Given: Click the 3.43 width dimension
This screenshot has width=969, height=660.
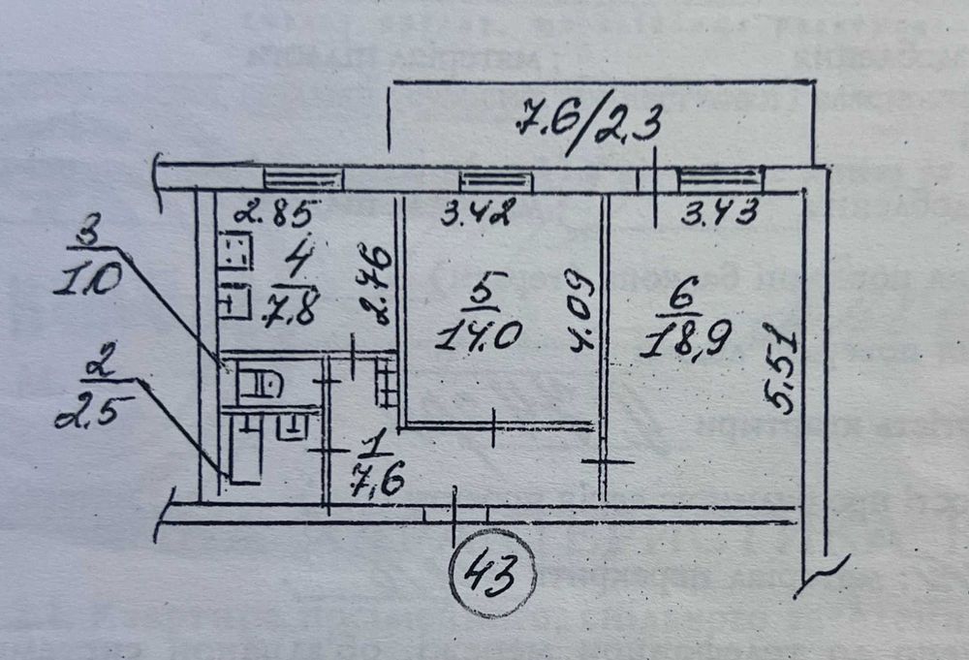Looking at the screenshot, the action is [719, 213].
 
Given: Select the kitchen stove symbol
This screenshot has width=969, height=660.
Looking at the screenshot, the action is [233, 255].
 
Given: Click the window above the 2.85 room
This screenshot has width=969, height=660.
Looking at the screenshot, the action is [303, 178].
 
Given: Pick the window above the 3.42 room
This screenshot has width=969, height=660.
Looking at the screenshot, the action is [496, 179].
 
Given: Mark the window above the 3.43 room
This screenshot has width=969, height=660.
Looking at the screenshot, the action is [719, 179].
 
